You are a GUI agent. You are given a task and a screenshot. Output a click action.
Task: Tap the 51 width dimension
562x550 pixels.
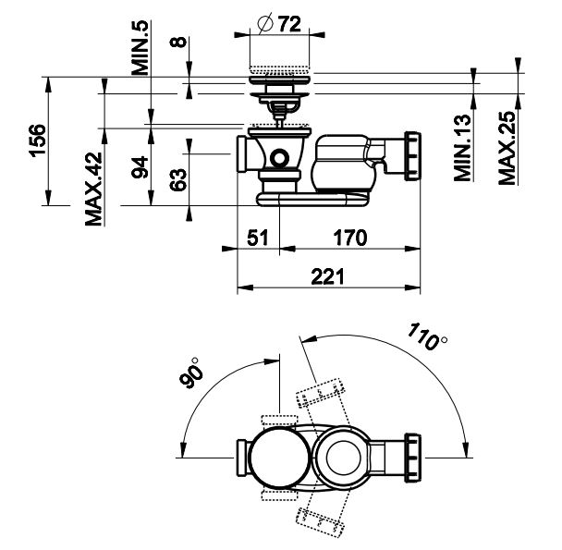pos(258,238)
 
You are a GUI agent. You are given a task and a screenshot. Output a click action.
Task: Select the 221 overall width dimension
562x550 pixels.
pos(329,276)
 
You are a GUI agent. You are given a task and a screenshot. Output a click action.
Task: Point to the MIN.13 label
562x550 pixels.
pos(464,149)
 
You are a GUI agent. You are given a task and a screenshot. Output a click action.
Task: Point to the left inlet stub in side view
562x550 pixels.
pos(244,153)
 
